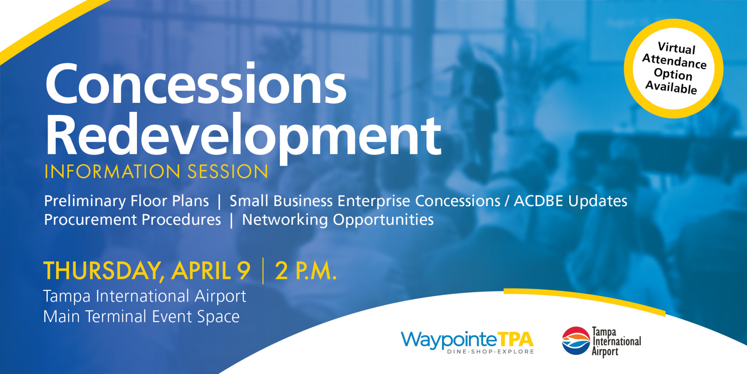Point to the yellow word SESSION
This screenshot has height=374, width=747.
[228, 172]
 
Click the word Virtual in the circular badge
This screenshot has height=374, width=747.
[677, 48]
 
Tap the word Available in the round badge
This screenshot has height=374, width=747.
[671, 87]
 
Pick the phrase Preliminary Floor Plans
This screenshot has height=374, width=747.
[126, 201]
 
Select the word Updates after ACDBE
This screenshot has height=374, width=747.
[598, 201]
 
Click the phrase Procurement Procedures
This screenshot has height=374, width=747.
[132, 220]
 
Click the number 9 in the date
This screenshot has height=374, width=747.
[244, 271]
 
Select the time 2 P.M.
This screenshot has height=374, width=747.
[305, 271]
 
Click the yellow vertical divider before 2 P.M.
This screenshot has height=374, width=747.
[263, 271]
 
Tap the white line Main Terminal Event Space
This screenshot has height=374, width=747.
[141, 317]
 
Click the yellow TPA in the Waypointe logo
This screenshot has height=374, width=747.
[516, 339]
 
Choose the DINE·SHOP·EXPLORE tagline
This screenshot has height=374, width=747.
[491, 352]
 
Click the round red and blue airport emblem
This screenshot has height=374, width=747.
[576, 340]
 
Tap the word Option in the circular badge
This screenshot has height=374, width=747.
[673, 74]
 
